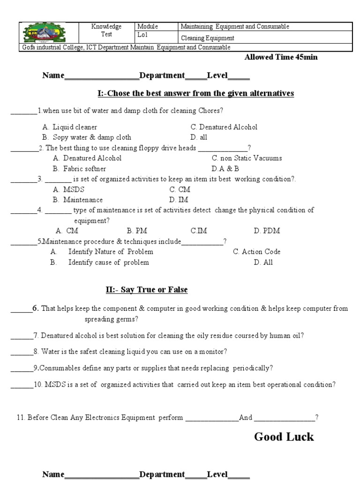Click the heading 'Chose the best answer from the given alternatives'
coord(195,93)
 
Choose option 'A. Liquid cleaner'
coord(70,127)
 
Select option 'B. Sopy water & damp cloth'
coord(86,137)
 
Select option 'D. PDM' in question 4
coord(263,231)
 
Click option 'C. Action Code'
coord(256,252)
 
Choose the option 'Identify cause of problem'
coord(108,262)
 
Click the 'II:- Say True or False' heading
coord(146,290)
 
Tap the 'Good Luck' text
coord(284,437)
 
